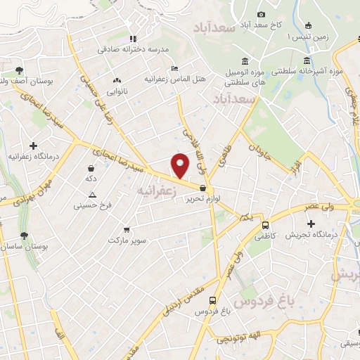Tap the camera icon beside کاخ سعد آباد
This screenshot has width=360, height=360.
(x=262, y=15)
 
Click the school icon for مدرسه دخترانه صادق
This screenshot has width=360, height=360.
(x=133, y=39)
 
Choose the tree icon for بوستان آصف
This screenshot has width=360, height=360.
(x=19, y=70)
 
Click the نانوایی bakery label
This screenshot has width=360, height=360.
(x=117, y=91)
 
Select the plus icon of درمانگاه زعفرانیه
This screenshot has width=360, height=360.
(x=33, y=146)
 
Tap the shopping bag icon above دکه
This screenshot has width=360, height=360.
(x=91, y=169)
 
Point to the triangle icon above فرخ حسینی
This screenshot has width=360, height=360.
(x=93, y=194)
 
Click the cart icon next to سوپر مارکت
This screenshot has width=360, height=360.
(x=126, y=229)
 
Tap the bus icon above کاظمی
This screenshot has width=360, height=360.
(x=265, y=226)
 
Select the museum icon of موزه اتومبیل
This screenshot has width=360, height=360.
(x=244, y=60)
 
